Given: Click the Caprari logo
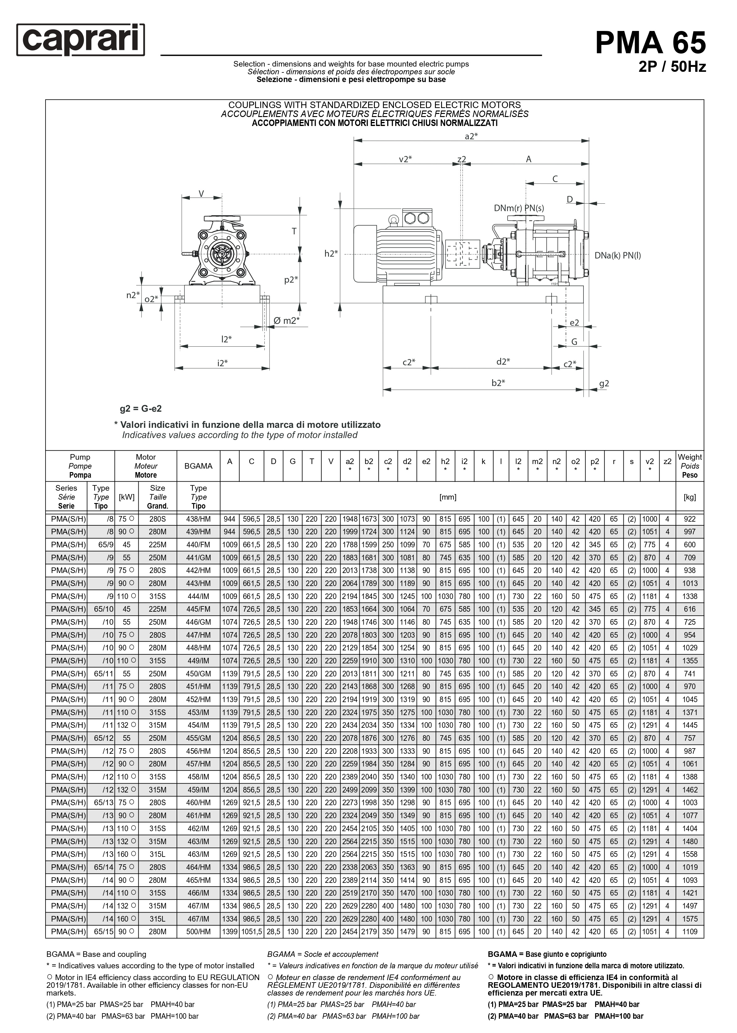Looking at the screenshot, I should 81,40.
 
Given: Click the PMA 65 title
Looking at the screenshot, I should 650,43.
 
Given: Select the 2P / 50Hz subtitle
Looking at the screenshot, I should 672,67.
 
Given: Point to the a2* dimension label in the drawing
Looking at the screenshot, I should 471,136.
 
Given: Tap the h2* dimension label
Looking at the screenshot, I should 331,254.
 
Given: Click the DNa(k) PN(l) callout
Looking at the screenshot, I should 618,255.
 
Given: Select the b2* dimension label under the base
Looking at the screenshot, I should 498,383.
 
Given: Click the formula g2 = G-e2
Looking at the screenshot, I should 141,409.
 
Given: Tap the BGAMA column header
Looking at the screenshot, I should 198,466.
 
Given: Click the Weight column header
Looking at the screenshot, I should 689,466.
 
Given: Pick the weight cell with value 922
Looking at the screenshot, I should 689,519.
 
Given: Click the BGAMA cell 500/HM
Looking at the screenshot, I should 198,932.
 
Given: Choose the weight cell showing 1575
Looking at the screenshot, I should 689,919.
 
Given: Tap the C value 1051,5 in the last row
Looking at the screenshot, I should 251,932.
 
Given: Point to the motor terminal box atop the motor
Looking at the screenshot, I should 416,218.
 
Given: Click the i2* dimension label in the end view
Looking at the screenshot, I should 222,362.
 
